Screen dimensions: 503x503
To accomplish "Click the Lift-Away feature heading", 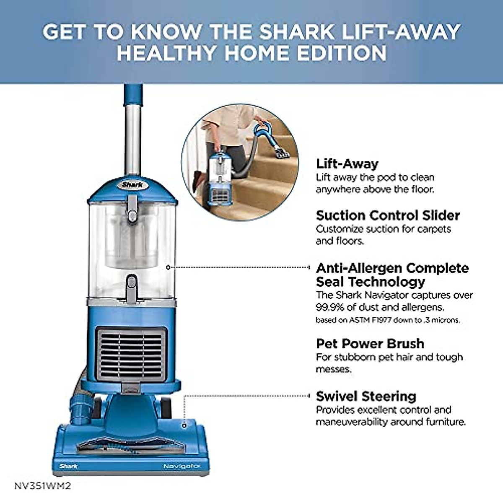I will [347, 163].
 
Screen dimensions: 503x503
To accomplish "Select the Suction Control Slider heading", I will [388, 215].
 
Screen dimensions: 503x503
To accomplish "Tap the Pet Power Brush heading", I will [370, 344].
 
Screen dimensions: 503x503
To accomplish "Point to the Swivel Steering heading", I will [366, 396].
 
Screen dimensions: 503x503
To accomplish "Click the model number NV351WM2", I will [43, 486].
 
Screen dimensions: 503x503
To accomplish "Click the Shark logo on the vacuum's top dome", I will [132, 185].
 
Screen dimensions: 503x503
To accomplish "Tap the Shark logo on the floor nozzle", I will [68, 466].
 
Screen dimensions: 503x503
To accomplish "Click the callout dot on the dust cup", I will [168, 267].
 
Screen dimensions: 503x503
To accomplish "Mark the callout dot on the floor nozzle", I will [184, 425].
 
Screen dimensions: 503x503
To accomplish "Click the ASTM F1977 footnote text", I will [388, 320].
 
